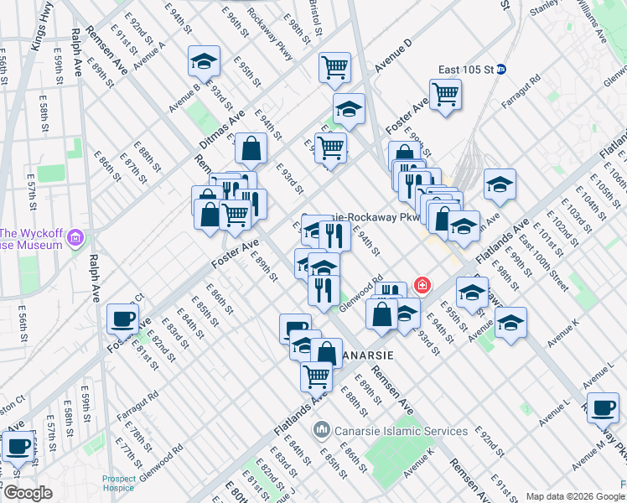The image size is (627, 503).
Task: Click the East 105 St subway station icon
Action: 501,69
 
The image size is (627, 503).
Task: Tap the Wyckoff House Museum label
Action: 32,239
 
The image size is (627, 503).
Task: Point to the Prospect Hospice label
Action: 119,484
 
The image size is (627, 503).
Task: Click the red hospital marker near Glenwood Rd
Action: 422,286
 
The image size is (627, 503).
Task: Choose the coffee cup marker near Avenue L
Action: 603,407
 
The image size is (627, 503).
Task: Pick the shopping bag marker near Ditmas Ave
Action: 251,149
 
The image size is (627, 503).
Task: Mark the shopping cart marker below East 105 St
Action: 445,94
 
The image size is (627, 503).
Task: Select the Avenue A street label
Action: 149,53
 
